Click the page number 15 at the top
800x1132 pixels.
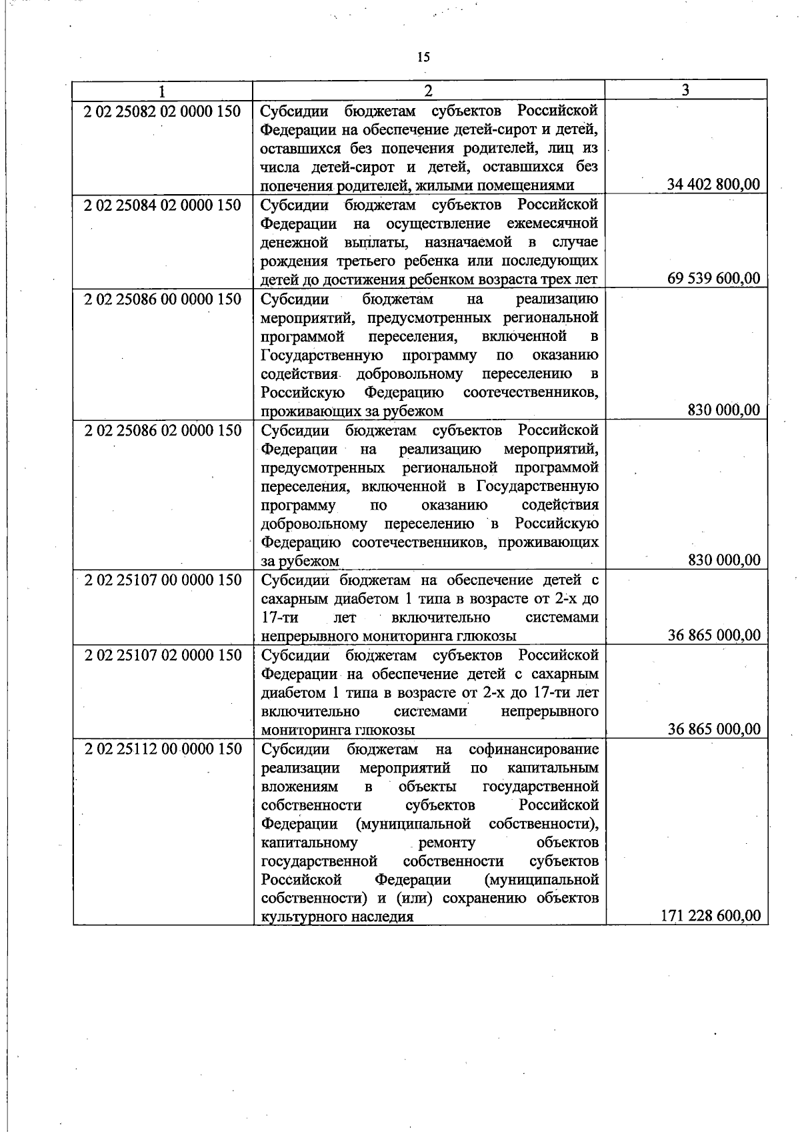point(423,57)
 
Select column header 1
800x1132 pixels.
point(162,91)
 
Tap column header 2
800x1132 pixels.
point(428,91)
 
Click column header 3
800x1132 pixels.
point(686,90)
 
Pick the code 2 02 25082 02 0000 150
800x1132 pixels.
point(162,111)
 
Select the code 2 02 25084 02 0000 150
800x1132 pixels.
point(162,205)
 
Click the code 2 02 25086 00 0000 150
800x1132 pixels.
point(162,299)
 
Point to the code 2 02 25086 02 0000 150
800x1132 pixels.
point(162,430)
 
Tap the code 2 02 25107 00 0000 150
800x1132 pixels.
point(162,580)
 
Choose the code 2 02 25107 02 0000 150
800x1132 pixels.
point(162,655)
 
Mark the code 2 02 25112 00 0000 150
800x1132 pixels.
point(162,749)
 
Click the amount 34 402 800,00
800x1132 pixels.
point(713,185)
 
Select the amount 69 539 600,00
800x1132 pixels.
point(713,279)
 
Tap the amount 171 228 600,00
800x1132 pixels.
point(710,916)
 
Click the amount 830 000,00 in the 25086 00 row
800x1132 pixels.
point(723,410)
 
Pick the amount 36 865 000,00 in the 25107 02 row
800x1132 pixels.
point(713,729)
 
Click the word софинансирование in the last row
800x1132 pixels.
point(533,749)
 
